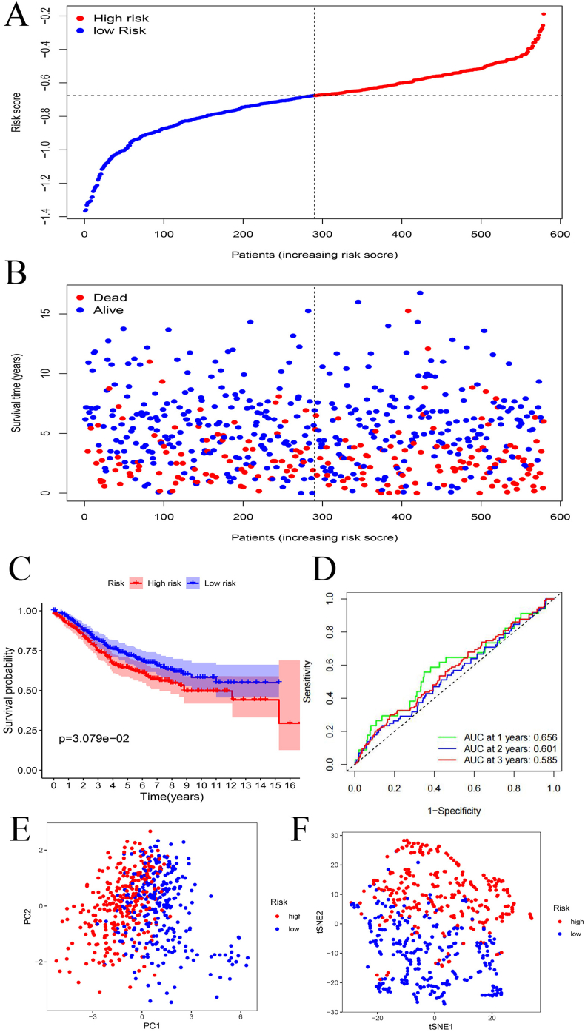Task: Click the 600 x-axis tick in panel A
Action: coord(560,232)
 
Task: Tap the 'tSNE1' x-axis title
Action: coord(435,1026)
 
